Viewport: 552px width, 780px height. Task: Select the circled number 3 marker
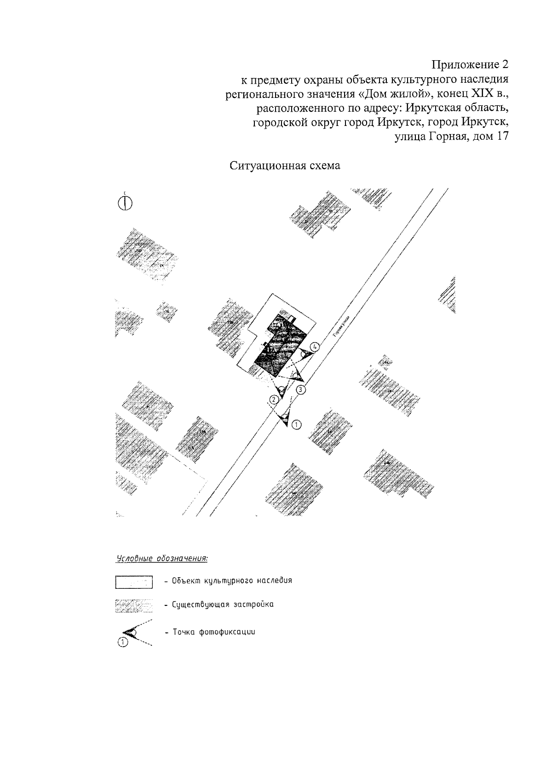point(300,390)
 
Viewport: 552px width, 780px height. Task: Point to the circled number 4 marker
point(315,347)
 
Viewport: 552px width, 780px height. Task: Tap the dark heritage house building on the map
point(280,342)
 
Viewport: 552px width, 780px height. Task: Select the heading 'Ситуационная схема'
point(285,166)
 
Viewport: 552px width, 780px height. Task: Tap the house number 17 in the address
point(501,137)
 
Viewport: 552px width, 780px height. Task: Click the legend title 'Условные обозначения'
point(161,559)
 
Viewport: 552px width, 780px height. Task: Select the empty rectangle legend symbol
point(133,582)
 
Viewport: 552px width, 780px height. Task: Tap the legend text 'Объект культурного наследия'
point(232,581)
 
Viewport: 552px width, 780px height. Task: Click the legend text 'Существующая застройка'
point(223,604)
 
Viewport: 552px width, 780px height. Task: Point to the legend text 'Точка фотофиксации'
point(213,632)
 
